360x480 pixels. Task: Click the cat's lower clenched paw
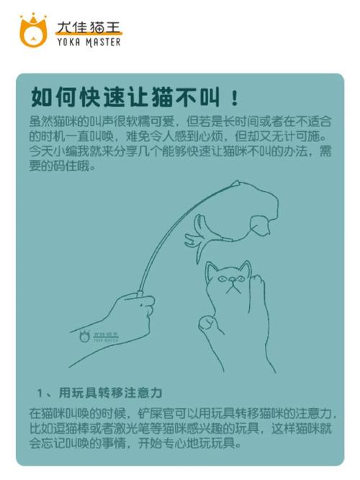[209, 322]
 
